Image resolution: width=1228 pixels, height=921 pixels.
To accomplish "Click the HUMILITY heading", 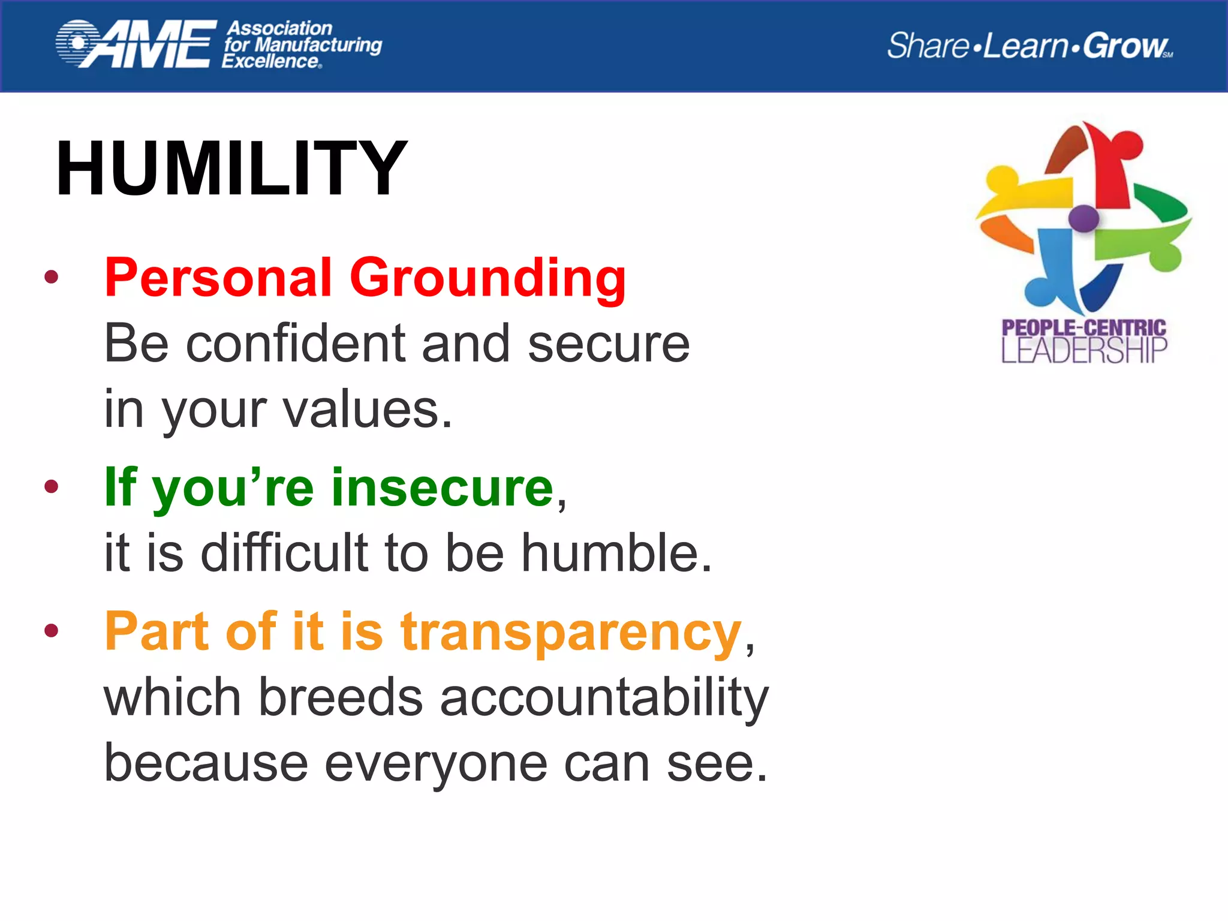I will [231, 168].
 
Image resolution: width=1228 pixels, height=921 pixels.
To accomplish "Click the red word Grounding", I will [487, 278].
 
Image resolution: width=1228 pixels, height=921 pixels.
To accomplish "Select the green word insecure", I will [442, 487].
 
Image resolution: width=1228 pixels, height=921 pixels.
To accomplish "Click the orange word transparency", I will [571, 632].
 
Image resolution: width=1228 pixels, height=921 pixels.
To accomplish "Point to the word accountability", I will [604, 697].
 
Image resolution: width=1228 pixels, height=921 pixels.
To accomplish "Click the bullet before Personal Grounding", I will [52, 276].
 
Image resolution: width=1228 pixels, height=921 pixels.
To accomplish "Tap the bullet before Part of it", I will [52, 630].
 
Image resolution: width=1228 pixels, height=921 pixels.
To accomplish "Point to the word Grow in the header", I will [1125, 46].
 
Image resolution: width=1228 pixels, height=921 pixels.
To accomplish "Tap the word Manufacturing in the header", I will [318, 45].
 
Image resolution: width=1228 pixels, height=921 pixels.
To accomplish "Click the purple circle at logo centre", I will [1083, 218].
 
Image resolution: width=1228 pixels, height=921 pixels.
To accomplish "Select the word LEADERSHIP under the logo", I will [1083, 351].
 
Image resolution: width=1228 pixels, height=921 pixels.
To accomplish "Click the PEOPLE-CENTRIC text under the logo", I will [1083, 327].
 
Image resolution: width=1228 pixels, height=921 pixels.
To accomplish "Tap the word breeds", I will [341, 697].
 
